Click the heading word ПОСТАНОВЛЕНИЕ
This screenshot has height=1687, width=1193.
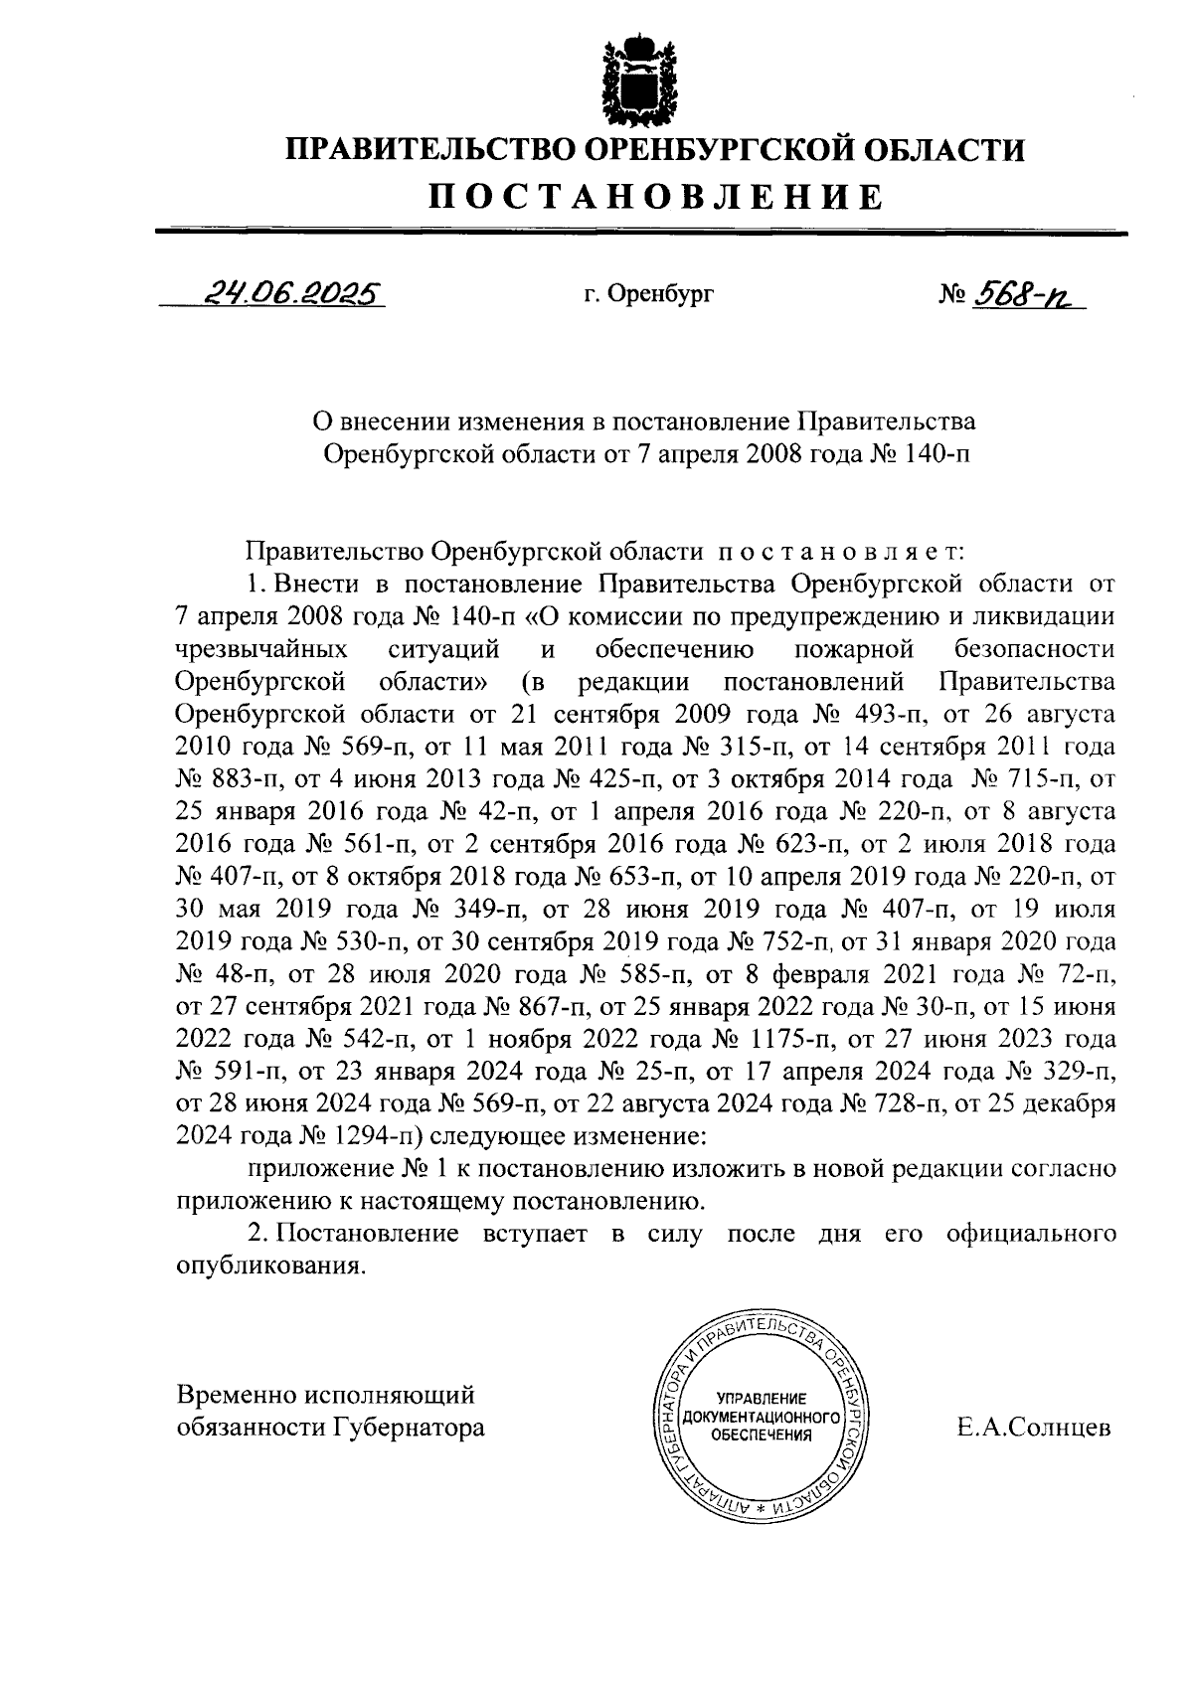[655, 196]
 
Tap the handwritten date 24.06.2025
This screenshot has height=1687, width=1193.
[289, 292]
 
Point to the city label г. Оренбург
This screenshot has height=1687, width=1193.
[648, 294]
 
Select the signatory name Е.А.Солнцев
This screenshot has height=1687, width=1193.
[1034, 1429]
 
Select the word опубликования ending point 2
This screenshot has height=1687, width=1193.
[265, 1266]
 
